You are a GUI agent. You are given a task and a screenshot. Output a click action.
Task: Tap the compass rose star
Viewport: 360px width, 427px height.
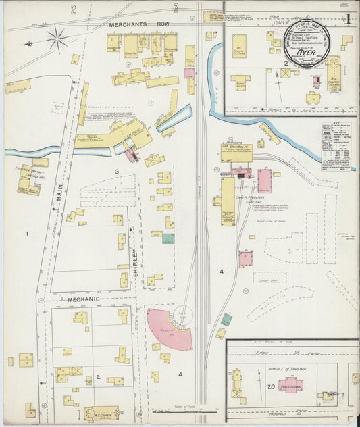coord(57,39)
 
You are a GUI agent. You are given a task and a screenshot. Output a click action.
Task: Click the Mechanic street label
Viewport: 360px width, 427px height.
coord(83,298)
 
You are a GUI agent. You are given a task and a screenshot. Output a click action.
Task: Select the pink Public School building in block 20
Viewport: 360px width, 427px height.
coord(290,385)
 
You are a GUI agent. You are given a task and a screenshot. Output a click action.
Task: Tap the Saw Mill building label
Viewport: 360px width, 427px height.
coord(236,147)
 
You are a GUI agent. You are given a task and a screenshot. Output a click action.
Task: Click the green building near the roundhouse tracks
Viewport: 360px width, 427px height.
coord(226,320)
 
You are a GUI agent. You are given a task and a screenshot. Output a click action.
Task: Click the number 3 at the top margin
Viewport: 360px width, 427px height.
coord(176,9)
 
